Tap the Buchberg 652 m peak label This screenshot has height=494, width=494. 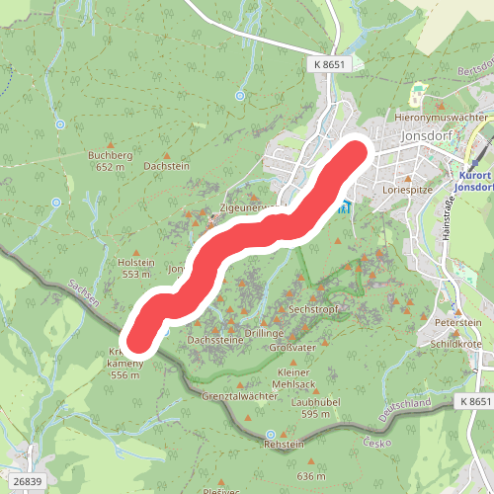(x=110, y=161)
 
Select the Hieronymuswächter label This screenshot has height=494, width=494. (x=442, y=117)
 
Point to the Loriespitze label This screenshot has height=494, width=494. (x=405, y=186)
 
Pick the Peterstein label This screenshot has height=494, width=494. (x=457, y=323)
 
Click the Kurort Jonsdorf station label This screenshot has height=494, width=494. (x=472, y=179)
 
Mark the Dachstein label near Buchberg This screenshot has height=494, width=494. (x=165, y=168)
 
